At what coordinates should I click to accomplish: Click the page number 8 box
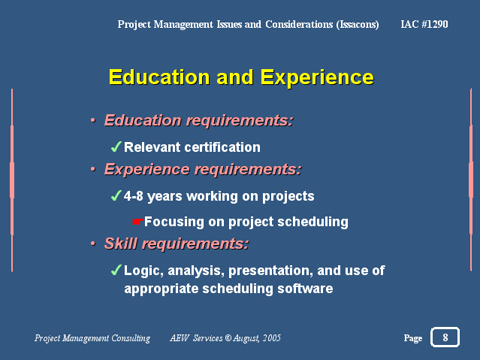(445, 337)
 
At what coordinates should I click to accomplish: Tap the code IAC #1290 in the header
(424, 24)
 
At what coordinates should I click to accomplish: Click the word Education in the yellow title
(159, 77)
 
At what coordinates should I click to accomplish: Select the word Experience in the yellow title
(317, 77)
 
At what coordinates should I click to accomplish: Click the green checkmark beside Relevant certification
(116, 147)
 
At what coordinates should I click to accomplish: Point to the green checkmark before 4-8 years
(116, 195)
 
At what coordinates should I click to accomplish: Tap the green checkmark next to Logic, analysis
(116, 270)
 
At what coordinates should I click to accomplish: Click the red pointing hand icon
(137, 222)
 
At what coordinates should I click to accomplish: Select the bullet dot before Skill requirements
(93, 244)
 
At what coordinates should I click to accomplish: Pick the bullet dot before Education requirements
(93, 120)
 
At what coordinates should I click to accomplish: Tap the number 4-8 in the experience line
(133, 196)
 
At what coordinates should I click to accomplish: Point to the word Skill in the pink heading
(121, 244)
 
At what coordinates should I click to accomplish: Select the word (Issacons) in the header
(358, 25)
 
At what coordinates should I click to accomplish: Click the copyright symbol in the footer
(228, 337)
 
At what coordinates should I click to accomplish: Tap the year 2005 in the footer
(272, 337)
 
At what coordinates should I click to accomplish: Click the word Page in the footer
(413, 338)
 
